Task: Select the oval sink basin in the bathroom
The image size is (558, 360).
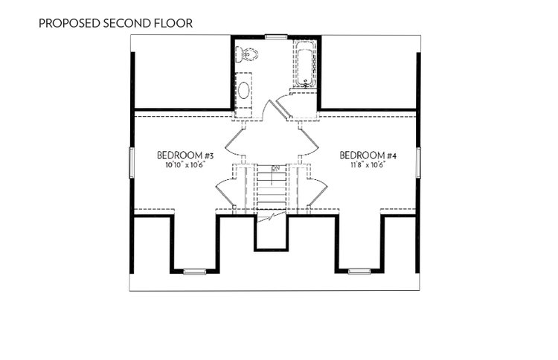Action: tap(244, 90)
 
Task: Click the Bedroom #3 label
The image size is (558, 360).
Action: tap(185, 155)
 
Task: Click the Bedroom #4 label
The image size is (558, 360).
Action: tap(368, 155)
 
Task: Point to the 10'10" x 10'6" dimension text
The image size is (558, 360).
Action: tap(185, 165)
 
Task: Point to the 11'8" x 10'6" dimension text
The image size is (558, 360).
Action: tap(368, 165)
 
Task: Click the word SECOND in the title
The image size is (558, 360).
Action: tap(127, 24)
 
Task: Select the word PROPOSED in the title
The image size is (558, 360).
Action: tap(69, 24)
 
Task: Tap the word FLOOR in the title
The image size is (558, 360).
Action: tap(173, 24)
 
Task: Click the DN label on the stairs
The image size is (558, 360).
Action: tap(275, 168)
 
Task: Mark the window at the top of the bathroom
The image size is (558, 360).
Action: tap(276, 36)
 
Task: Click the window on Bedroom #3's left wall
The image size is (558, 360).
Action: tap(132, 163)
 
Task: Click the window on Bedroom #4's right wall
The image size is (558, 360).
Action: tap(418, 162)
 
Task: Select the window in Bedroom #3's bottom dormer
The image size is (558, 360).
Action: tap(195, 272)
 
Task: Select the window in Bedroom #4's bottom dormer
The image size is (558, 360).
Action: tap(359, 271)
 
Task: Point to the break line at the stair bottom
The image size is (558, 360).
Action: tap(272, 216)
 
